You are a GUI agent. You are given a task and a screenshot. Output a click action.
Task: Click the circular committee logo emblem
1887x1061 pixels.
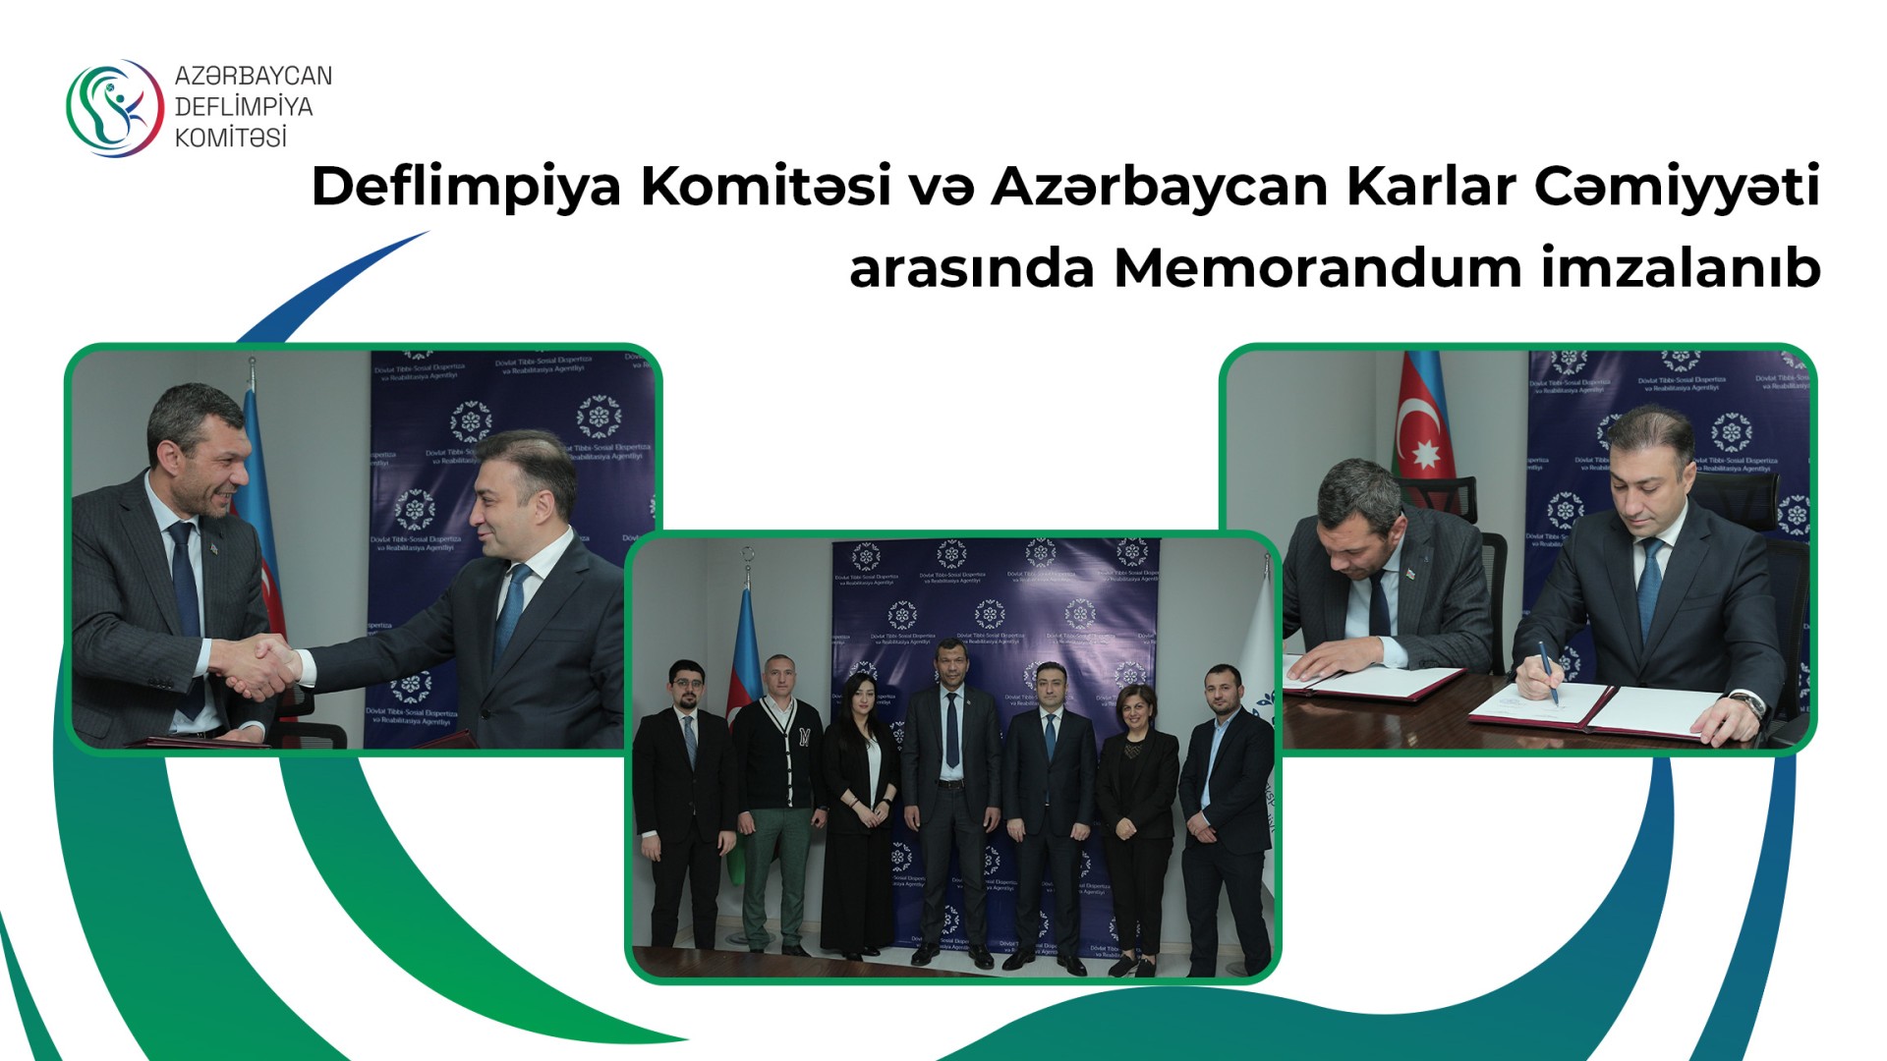[114, 107]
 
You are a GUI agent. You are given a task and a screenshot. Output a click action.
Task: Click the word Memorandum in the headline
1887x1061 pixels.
[1317, 267]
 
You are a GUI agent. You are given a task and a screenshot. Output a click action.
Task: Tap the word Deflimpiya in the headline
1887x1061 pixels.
[466, 187]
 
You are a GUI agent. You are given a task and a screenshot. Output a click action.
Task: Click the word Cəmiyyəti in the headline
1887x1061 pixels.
[1677, 187]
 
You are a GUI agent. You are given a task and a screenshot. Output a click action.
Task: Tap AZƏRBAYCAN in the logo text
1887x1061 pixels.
[254, 76]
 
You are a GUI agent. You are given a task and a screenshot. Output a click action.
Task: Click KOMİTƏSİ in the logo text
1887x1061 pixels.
[231, 138]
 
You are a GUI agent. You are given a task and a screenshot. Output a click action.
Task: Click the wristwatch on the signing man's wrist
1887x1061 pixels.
[1744, 701]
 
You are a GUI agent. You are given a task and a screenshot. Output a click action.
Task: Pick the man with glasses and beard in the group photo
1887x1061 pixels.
[685, 806]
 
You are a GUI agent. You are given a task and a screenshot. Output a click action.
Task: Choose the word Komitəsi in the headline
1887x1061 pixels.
[766, 187]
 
